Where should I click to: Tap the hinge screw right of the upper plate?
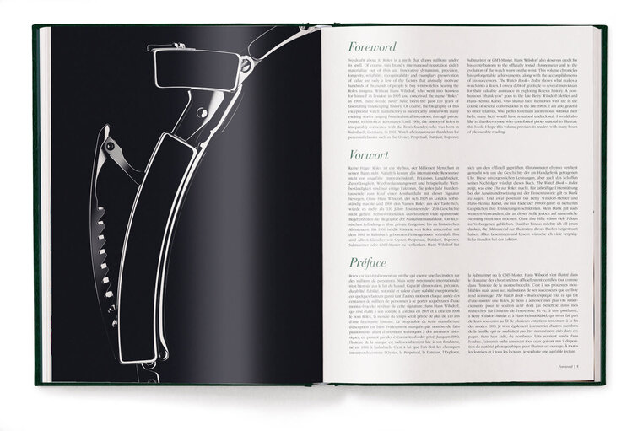click(x=246, y=63)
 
